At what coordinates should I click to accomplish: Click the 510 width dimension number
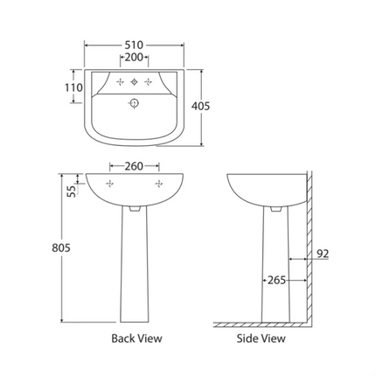134,44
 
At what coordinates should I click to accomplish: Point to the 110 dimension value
73,88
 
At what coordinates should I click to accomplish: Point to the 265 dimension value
277,281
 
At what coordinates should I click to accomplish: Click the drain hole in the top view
135,103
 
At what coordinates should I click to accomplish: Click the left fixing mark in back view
109,185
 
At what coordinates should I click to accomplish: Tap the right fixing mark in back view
160,185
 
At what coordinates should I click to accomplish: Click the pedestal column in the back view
135,271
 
